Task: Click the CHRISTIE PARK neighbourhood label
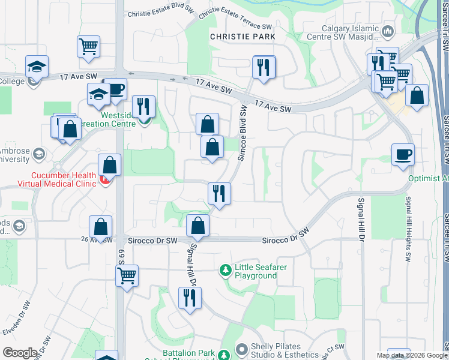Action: click(x=243, y=37)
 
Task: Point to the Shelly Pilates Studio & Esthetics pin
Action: click(x=242, y=349)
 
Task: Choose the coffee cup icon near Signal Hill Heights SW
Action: click(x=403, y=154)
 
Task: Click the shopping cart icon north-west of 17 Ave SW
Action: click(x=88, y=47)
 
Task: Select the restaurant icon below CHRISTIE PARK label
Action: click(x=264, y=67)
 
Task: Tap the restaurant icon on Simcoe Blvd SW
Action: click(x=219, y=194)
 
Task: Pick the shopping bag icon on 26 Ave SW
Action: click(x=101, y=227)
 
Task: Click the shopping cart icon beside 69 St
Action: click(x=127, y=276)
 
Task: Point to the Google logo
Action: click(x=20, y=353)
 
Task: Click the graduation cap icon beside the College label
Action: click(x=37, y=67)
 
